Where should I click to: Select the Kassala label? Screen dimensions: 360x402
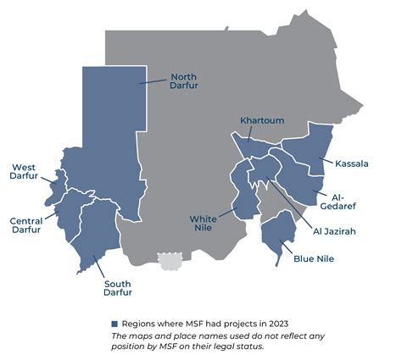(x=351, y=163)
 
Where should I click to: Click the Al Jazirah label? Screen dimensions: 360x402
(x=334, y=230)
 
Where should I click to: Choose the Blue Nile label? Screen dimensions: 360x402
(x=315, y=258)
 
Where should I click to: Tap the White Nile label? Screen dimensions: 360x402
(x=205, y=224)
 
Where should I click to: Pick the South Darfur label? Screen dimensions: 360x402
(x=118, y=289)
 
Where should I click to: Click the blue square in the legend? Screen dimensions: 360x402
(x=114, y=324)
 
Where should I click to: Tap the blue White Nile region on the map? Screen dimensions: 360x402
(x=243, y=199)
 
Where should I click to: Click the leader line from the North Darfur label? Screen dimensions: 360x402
(x=154, y=81)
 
